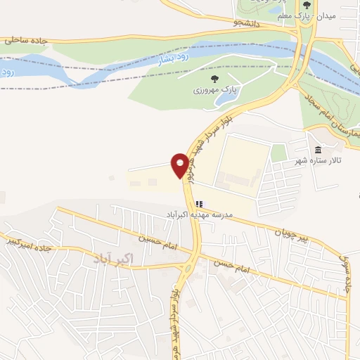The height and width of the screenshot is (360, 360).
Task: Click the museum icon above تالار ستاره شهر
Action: (319, 150)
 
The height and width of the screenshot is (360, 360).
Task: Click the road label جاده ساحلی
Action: (25, 41)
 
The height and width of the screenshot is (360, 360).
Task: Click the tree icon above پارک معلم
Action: (307, 5)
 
